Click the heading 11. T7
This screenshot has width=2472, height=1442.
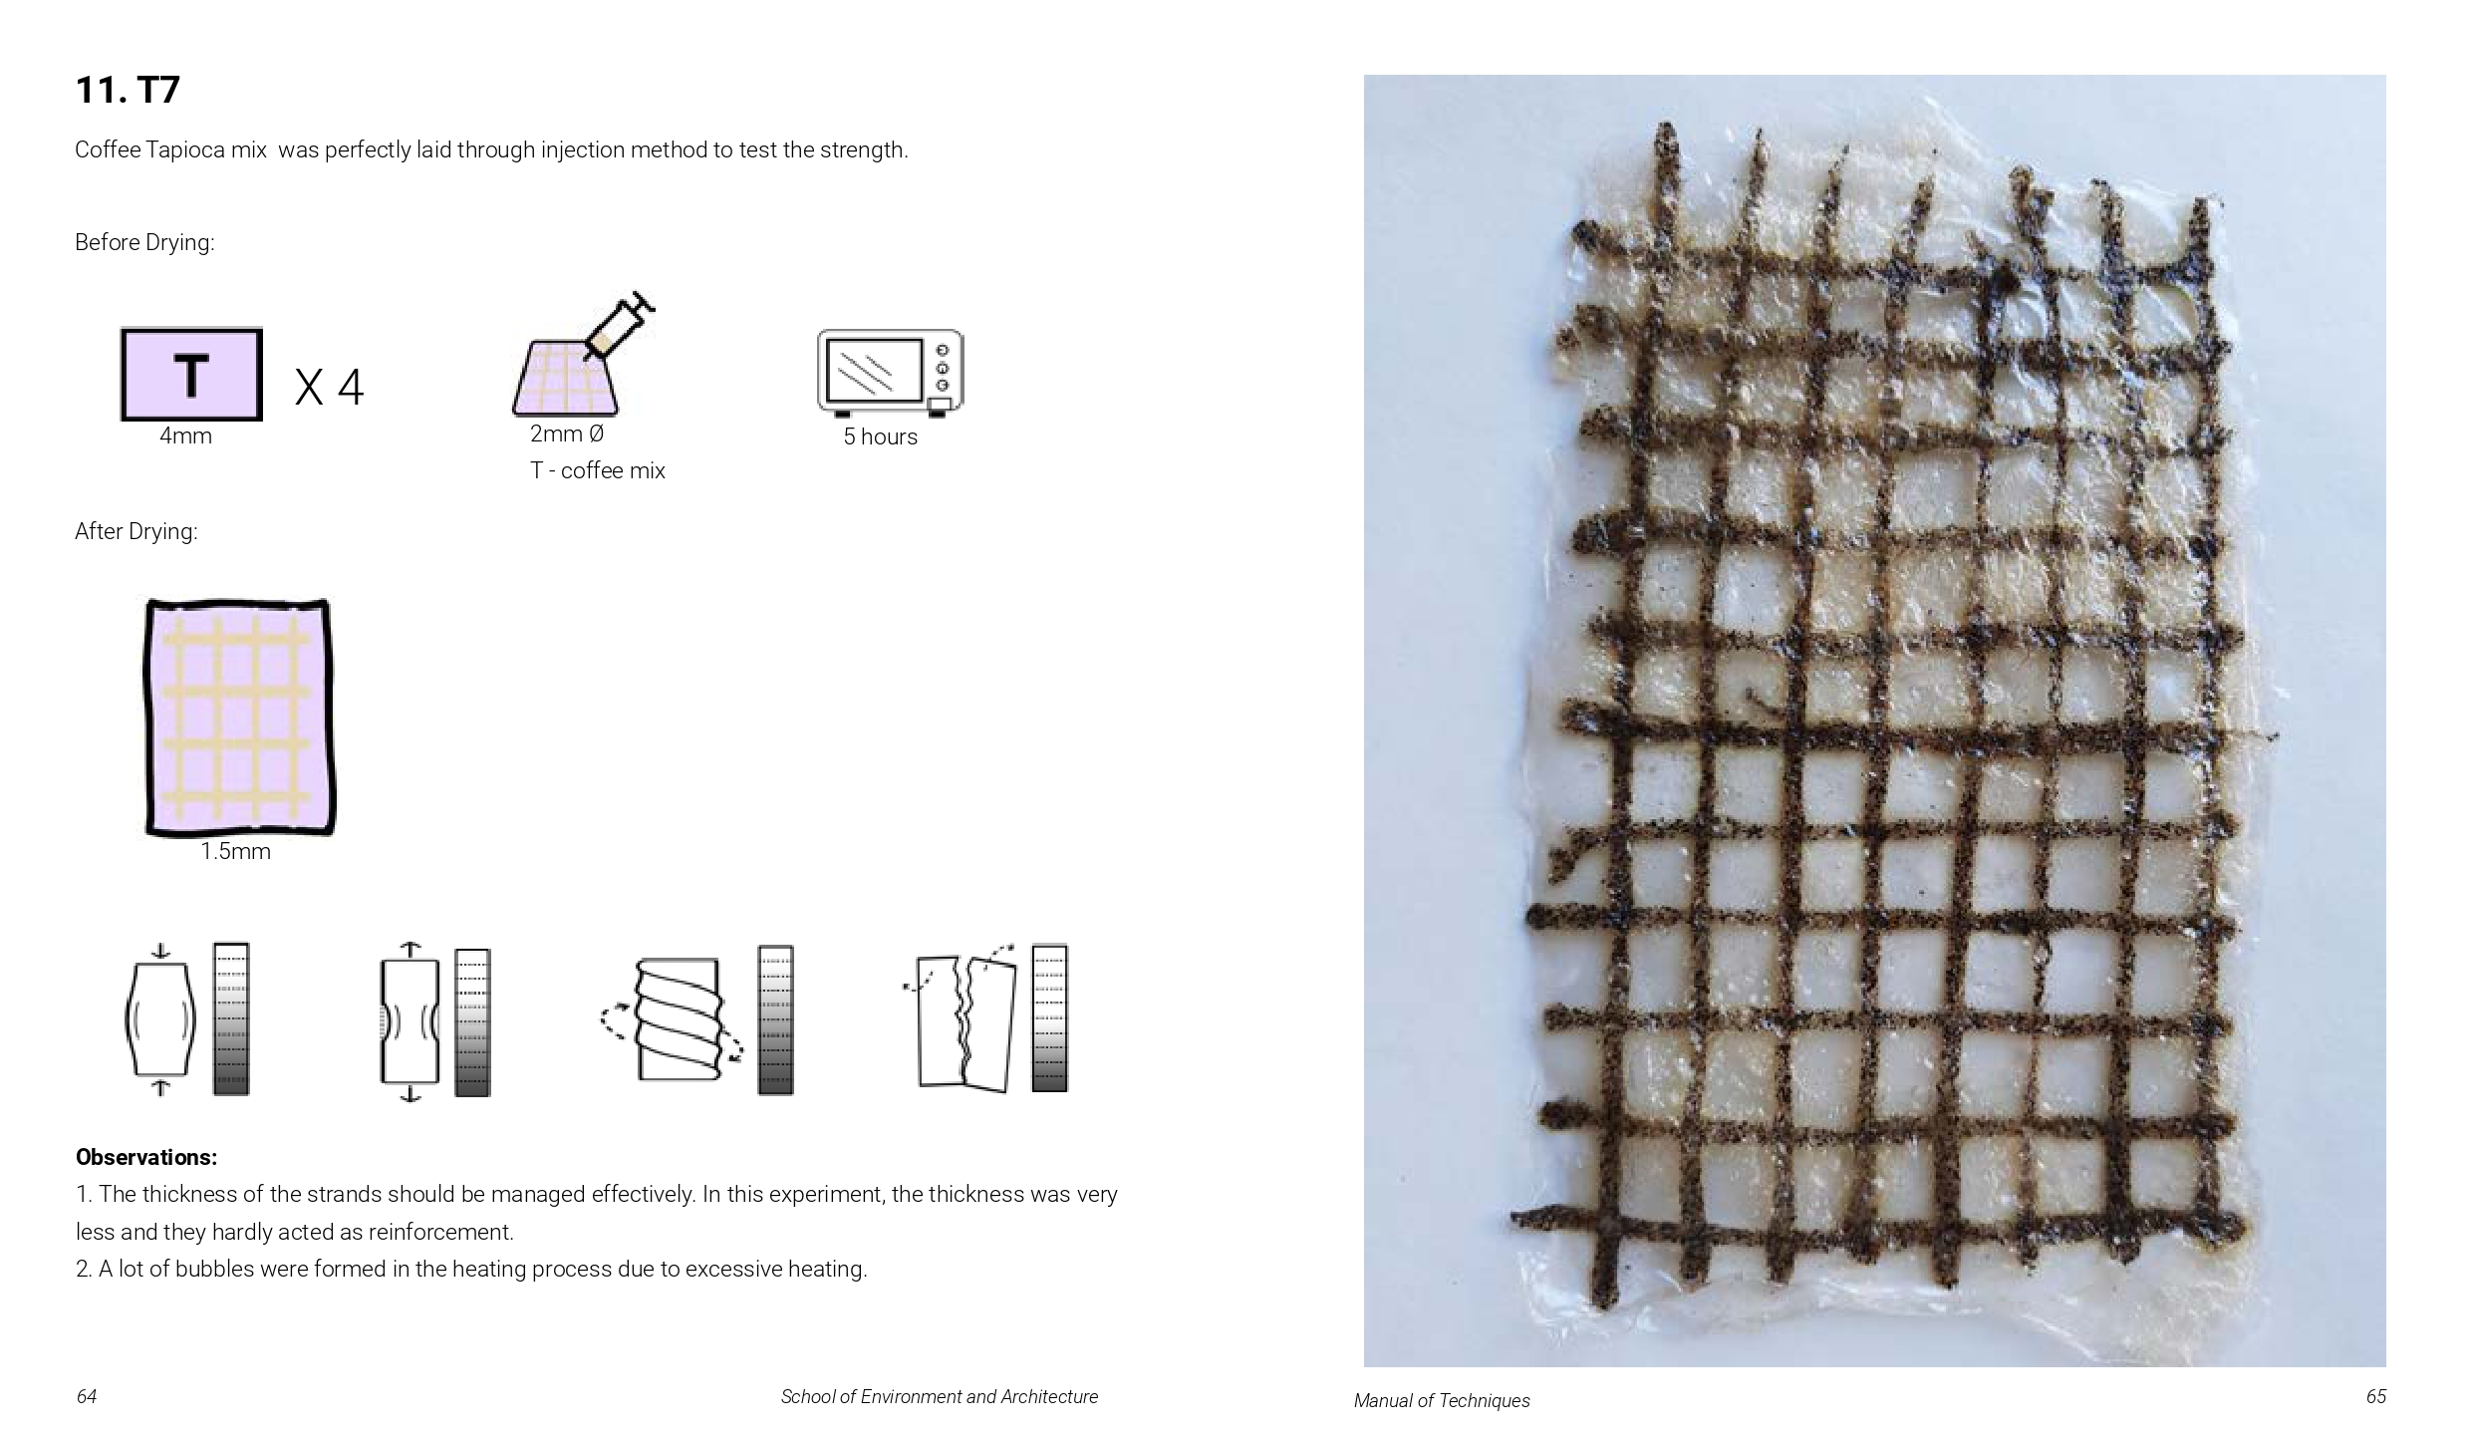[x=128, y=90]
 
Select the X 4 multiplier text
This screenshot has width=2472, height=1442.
[x=330, y=387]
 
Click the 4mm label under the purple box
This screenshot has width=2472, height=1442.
[x=186, y=435]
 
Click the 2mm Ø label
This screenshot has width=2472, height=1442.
[x=567, y=433]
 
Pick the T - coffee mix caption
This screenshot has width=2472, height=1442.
[x=598, y=470]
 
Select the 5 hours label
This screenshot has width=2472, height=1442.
[x=881, y=436]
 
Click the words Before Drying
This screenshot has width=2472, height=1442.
[x=144, y=242]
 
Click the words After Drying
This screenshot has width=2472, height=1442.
[x=137, y=531]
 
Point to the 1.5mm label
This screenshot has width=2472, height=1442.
[x=236, y=851]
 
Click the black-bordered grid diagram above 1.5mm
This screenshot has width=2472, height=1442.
[x=238, y=718]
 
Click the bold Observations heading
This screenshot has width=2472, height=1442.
[x=146, y=1157]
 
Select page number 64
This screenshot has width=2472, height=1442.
[x=87, y=1396]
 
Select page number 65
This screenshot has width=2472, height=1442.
[x=2376, y=1396]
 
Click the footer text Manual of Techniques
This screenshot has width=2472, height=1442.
[x=1442, y=1400]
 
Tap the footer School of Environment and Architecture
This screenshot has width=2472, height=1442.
[x=940, y=1396]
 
